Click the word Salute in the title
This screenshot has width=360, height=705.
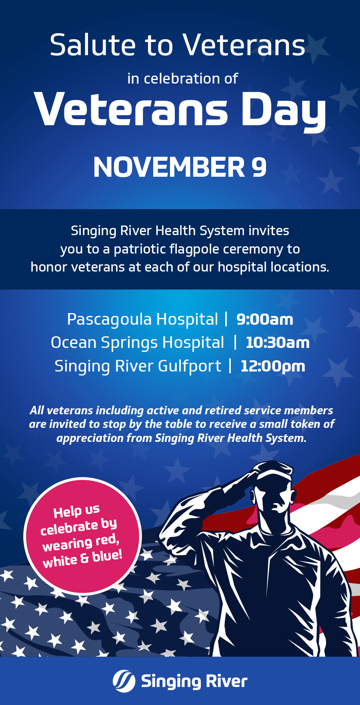[92, 45]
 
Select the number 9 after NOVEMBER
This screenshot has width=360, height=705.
[259, 167]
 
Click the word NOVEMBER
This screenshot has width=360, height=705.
[169, 167]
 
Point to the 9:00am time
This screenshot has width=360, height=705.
[265, 320]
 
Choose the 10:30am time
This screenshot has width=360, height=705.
[278, 343]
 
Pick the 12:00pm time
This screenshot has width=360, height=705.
[273, 366]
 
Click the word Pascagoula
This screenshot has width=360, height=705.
[109, 320]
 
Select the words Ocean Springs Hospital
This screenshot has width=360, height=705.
[137, 343]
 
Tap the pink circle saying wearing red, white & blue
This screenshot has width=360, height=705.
[82, 536]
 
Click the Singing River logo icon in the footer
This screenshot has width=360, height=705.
[124, 681]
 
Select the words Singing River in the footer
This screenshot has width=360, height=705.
[194, 681]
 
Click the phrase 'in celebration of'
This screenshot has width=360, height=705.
[182, 79]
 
